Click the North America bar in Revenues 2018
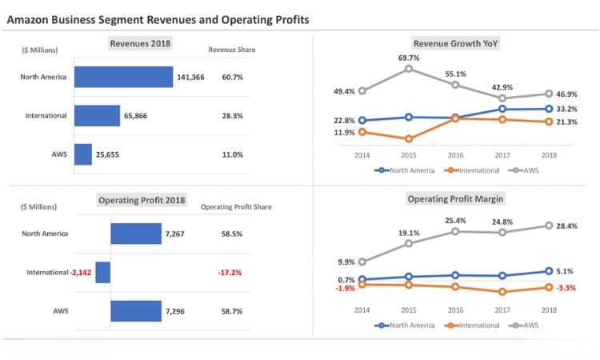pyautogui.click(x=123, y=77)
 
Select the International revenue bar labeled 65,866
pyautogui.click(x=97, y=115)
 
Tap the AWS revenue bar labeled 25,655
pyautogui.click(x=83, y=154)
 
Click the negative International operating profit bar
pyautogui.click(x=103, y=272)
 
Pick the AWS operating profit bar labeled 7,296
pyautogui.click(x=136, y=310)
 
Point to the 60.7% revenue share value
pyautogui.click(x=232, y=77)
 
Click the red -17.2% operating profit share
pyautogui.click(x=230, y=272)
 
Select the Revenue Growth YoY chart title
pyautogui.click(x=455, y=43)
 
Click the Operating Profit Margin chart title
pyautogui.click(x=455, y=198)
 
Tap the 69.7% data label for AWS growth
pyautogui.click(x=409, y=58)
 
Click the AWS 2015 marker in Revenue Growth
pyautogui.click(x=409, y=69)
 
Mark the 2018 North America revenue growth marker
pyautogui.click(x=549, y=109)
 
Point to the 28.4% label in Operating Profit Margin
pyautogui.click(x=566, y=226)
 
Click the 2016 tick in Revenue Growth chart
pyautogui.click(x=455, y=155)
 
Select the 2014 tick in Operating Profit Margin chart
pyautogui.click(x=362, y=310)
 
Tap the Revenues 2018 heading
pyautogui.click(x=140, y=43)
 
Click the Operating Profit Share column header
pyautogui.click(x=236, y=206)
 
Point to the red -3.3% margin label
pyautogui.click(x=566, y=288)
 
